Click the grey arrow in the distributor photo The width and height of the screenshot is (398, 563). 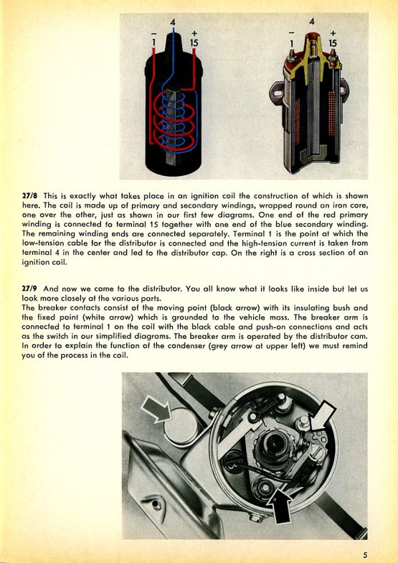(156, 409)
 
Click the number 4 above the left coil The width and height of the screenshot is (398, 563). (173, 22)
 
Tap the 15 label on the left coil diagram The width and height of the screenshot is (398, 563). (194, 43)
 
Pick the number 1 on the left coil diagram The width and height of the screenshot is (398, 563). (153, 43)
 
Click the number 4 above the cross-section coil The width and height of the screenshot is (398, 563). (312, 22)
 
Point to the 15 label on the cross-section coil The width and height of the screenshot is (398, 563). (333, 43)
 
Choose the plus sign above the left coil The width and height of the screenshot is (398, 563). (194, 33)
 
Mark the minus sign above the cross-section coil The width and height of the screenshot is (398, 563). (291, 33)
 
